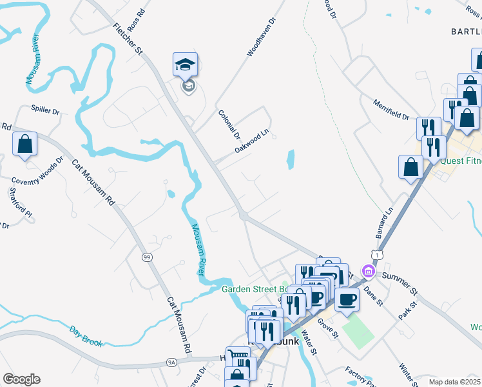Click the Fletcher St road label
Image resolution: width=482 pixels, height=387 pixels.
pyautogui.click(x=127, y=39)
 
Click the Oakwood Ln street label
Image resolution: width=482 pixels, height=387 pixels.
pyautogui.click(x=251, y=144)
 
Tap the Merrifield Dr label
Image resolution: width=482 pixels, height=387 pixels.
pyautogui.click(x=391, y=109)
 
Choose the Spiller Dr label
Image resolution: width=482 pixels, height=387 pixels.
pyautogui.click(x=45, y=111)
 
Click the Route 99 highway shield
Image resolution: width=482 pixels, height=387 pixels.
pyautogui.click(x=148, y=257)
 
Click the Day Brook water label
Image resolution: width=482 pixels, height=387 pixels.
pyautogui.click(x=86, y=335)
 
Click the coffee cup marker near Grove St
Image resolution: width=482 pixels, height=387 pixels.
pyautogui.click(x=347, y=299)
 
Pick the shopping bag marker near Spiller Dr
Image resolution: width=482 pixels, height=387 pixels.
pyautogui.click(x=24, y=144)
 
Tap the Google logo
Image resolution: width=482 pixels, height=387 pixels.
pyautogui.click(x=21, y=379)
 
